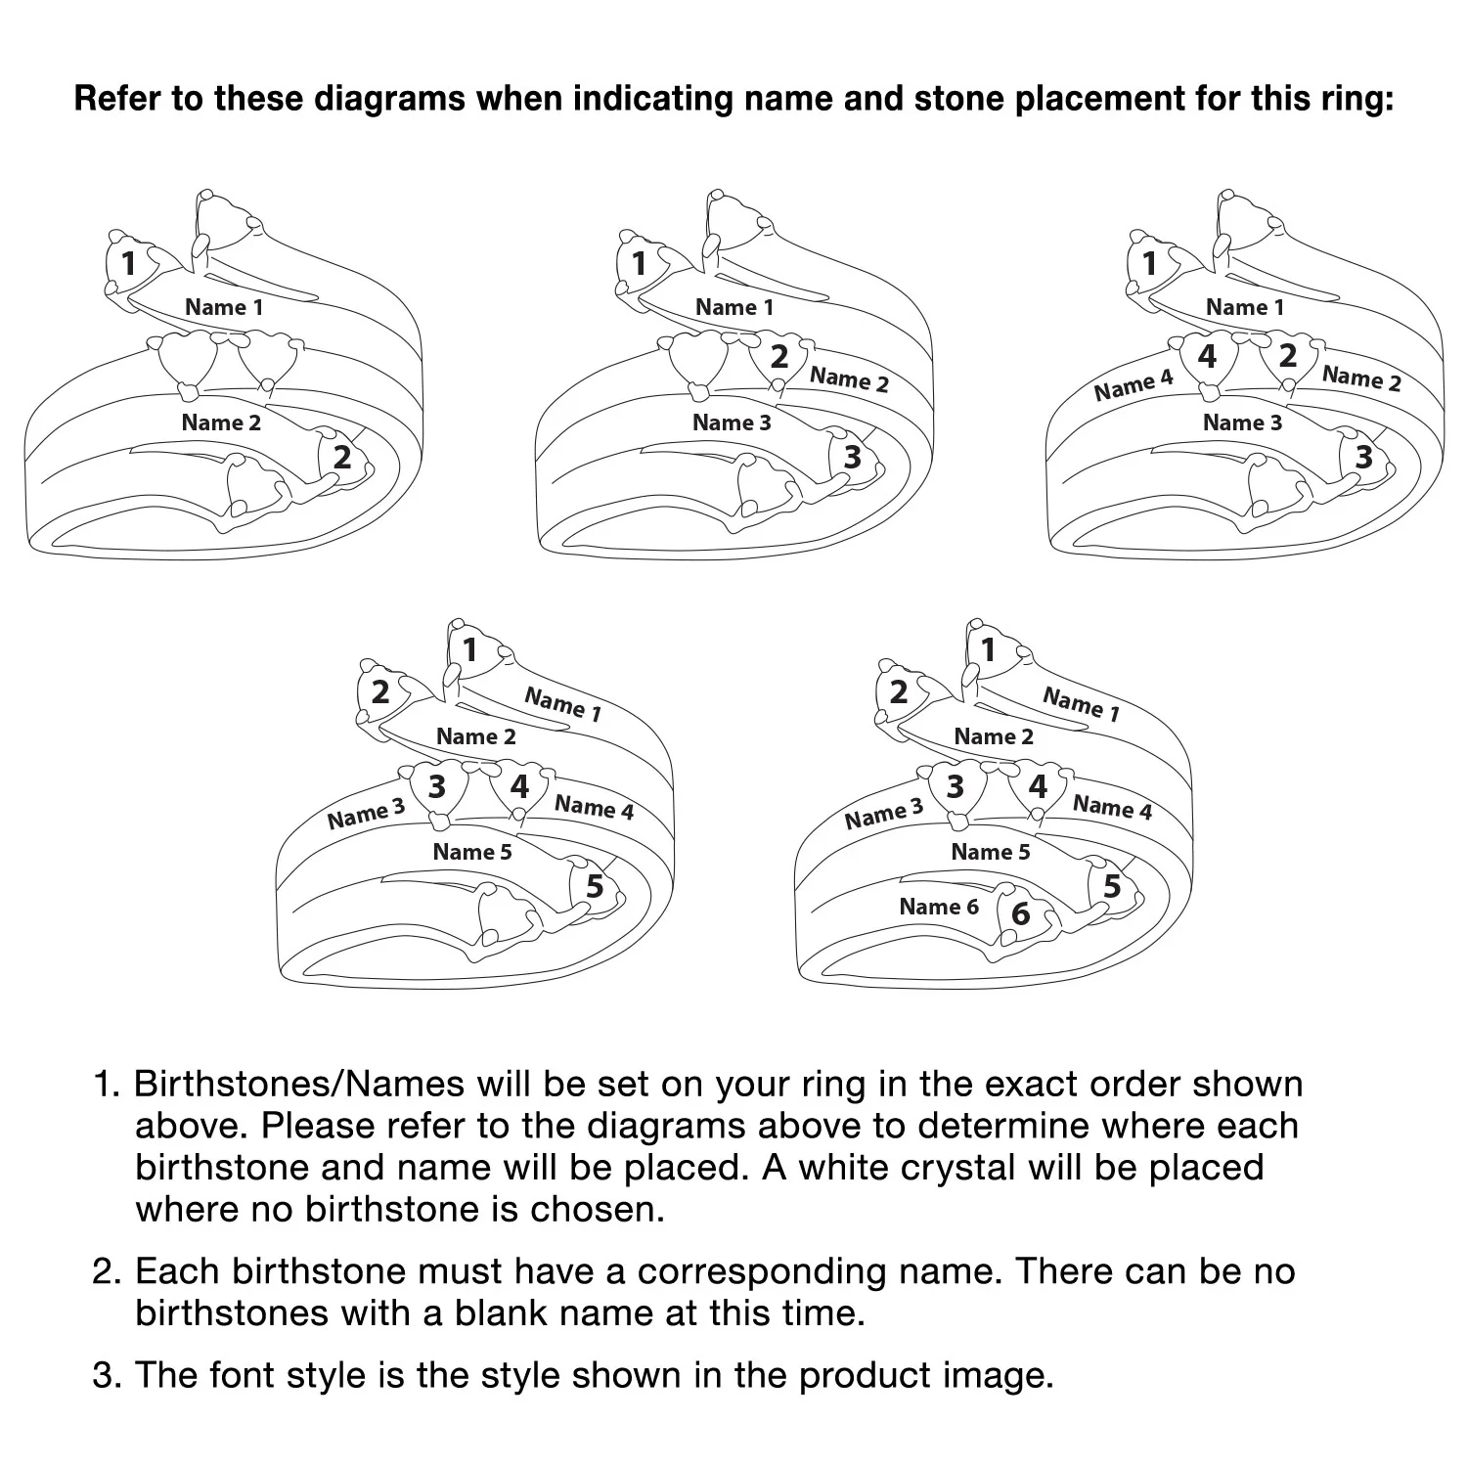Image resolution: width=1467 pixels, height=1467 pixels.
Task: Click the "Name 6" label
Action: click(x=938, y=907)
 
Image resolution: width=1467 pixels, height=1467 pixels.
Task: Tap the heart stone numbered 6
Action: click(x=1020, y=912)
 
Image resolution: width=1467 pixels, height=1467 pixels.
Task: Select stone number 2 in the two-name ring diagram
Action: click(x=342, y=457)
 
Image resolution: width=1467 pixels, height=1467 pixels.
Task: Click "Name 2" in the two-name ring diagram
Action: click(x=221, y=422)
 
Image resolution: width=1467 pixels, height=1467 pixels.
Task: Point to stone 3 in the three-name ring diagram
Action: click(x=853, y=457)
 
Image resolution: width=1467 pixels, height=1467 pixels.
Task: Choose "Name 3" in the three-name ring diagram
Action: click(x=732, y=422)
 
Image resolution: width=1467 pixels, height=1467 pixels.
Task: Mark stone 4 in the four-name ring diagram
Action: click(x=1208, y=357)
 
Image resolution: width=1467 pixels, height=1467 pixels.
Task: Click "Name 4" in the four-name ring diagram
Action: click(x=1133, y=385)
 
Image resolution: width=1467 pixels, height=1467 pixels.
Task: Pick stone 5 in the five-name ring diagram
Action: click(x=595, y=886)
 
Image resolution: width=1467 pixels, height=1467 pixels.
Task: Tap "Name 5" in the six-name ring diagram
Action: click(x=990, y=852)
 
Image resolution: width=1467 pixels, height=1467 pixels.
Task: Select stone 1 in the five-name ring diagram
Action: click(x=470, y=649)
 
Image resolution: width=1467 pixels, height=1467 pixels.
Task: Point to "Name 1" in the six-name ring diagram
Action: click(x=1081, y=703)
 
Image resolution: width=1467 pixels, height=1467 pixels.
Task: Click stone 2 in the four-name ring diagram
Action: click(x=1288, y=355)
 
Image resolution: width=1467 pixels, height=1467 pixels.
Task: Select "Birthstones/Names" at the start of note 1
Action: click(x=299, y=1084)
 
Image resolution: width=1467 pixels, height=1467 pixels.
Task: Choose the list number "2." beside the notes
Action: click(x=107, y=1271)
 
